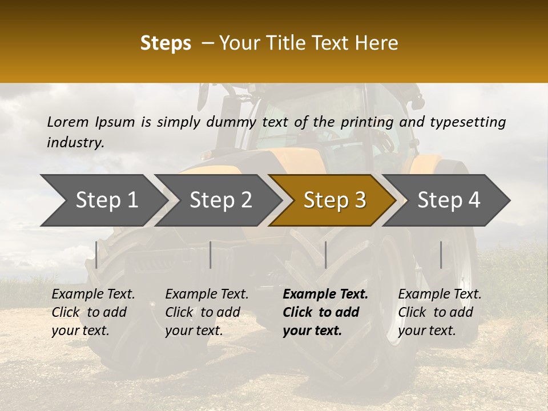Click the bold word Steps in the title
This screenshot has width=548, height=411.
pyautogui.click(x=166, y=43)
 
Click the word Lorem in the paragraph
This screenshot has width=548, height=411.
pyautogui.click(x=67, y=122)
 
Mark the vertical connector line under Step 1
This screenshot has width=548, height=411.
pyautogui.click(x=96, y=255)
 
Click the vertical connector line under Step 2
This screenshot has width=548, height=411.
pyautogui.click(x=211, y=255)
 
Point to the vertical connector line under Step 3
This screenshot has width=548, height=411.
pyautogui.click(x=325, y=255)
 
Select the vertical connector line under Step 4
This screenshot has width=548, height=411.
pyautogui.click(x=441, y=255)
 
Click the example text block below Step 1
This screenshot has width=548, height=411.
pyautogui.click(x=93, y=312)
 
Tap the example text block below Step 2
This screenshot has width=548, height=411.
pyautogui.click(x=207, y=312)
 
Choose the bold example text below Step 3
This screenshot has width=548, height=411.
pyautogui.click(x=325, y=312)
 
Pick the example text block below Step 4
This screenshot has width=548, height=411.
pyautogui.click(x=440, y=312)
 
